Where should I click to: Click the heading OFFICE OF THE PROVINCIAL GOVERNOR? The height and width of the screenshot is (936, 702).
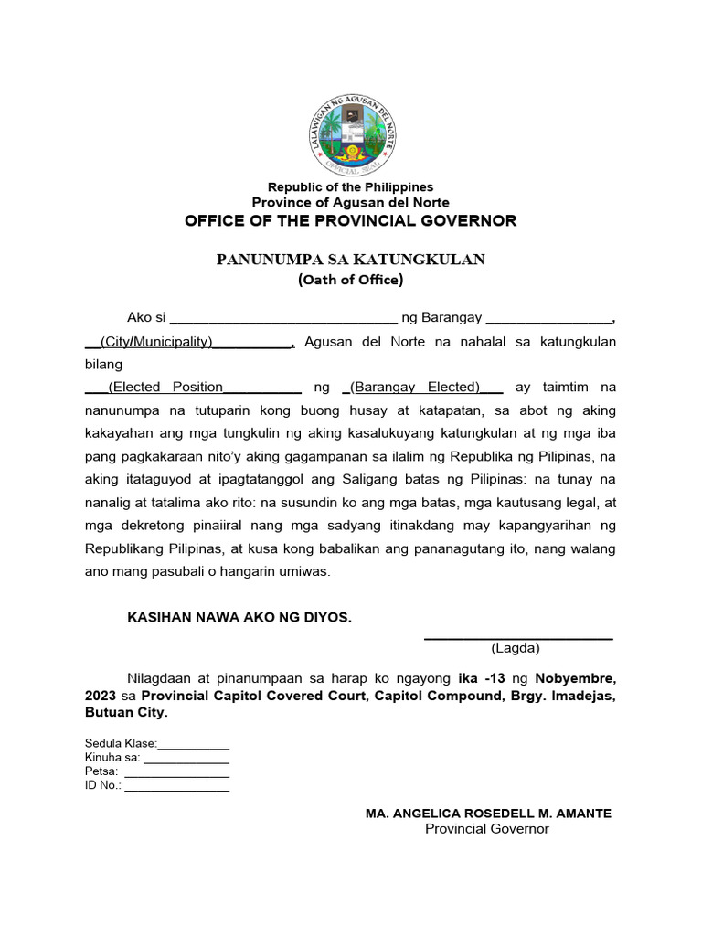pyautogui.click(x=351, y=221)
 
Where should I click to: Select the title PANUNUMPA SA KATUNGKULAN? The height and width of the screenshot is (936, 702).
pyautogui.click(x=351, y=260)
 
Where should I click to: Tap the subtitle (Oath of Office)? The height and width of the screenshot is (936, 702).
pyautogui.click(x=351, y=280)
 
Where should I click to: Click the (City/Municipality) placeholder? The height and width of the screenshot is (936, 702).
pyautogui.click(x=160, y=342)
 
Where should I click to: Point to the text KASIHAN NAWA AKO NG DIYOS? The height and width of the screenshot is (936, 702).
pyautogui.click(x=239, y=618)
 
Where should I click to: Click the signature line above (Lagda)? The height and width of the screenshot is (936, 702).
pyautogui.click(x=517, y=637)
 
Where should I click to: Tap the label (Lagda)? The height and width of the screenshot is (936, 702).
pyautogui.click(x=516, y=649)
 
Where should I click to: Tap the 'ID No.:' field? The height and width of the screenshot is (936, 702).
pyautogui.click(x=176, y=786)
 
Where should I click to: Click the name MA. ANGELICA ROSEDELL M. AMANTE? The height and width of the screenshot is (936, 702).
pyautogui.click(x=488, y=814)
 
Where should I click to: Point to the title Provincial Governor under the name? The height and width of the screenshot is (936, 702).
pyautogui.click(x=487, y=829)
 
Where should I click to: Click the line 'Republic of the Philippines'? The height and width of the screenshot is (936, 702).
pyautogui.click(x=351, y=187)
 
